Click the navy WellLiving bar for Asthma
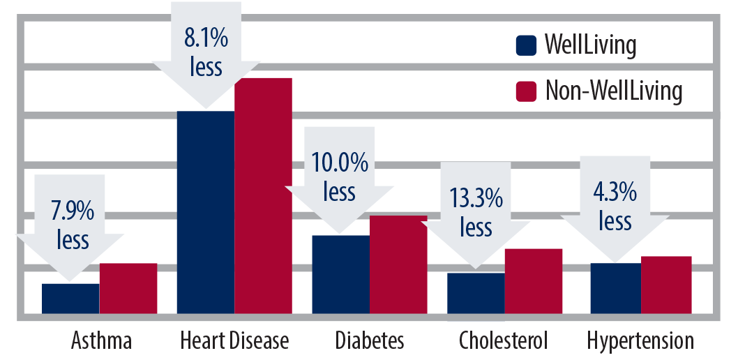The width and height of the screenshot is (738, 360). [x=70, y=299]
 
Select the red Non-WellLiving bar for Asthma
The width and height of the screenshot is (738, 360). [x=128, y=288]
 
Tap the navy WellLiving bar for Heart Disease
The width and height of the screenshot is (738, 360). [x=205, y=212]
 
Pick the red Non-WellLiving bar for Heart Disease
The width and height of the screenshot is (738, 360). [x=263, y=195]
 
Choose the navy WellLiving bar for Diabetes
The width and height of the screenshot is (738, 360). [x=340, y=274]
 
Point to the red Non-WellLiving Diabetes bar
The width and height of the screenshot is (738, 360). [x=398, y=264]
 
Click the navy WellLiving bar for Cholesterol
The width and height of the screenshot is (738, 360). [x=476, y=293]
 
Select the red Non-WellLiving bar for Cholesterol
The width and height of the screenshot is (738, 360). [x=534, y=280]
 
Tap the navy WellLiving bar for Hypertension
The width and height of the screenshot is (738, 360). [x=615, y=288]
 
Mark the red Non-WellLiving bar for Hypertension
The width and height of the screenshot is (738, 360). [x=666, y=285]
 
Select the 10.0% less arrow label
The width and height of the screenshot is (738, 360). [x=340, y=178]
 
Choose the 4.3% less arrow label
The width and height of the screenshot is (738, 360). [x=615, y=207]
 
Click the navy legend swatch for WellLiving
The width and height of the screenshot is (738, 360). [x=526, y=46]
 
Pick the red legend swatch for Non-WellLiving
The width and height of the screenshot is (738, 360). [x=526, y=91]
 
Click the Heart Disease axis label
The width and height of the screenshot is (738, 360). [x=234, y=341]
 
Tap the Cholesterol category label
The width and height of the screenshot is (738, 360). [x=504, y=341]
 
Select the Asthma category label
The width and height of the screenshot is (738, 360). [x=101, y=341]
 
